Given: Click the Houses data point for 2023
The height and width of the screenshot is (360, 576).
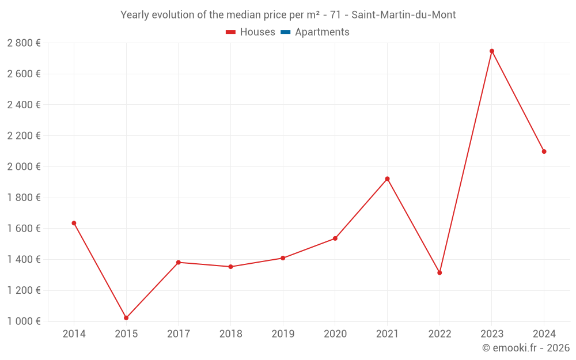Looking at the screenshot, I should (492, 51).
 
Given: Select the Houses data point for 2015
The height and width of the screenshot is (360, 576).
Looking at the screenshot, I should (126, 318).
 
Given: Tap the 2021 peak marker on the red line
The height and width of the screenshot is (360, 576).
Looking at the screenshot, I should (387, 179).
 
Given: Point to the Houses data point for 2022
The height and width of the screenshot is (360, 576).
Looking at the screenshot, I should (439, 272).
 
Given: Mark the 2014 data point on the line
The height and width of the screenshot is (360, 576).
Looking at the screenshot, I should (74, 223).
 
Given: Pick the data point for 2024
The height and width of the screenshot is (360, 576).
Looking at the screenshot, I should (544, 151).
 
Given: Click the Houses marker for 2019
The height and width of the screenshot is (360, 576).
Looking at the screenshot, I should (283, 258).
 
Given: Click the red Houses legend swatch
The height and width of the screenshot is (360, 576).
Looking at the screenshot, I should (230, 32).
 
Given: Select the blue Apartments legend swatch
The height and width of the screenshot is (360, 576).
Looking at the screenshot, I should (285, 32).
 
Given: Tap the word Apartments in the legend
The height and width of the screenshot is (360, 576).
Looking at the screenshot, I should (322, 32).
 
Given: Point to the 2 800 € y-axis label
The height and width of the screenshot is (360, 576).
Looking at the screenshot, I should (24, 43).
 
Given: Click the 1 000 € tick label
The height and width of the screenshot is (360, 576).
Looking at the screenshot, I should (24, 321).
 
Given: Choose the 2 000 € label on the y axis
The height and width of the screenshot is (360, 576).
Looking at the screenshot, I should (24, 166).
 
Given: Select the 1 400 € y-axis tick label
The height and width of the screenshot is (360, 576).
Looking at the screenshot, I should (24, 259).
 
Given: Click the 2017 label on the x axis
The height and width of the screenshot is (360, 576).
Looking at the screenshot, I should (179, 334).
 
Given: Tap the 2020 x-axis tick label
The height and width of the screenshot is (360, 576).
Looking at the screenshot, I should (335, 334).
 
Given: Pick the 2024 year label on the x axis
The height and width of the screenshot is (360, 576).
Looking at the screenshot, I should (544, 334).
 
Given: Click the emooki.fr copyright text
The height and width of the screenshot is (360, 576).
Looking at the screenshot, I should (526, 348).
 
